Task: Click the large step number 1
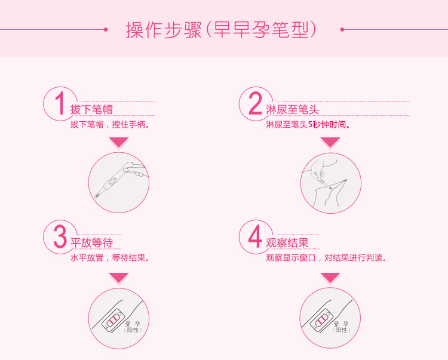pos(60,103)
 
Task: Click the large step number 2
pos(255,103)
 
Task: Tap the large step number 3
pos(60,236)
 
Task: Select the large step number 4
pos(255,236)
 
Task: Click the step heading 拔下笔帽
pos(92,110)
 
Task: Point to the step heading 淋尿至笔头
pos(293,110)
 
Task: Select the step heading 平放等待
pos(92,243)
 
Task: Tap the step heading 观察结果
pos(287,243)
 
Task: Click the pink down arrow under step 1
pos(119,142)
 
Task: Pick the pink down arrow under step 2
pos(330,142)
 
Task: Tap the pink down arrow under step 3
pos(119,278)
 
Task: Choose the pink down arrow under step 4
pos(330,278)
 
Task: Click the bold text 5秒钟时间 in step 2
pos(329,125)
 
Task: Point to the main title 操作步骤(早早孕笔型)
pos(222,30)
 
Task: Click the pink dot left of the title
pos(106,29)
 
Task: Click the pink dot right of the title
pos(342,29)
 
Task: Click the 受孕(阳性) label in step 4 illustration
pos(341,327)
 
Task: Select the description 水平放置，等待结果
pos(110,258)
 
